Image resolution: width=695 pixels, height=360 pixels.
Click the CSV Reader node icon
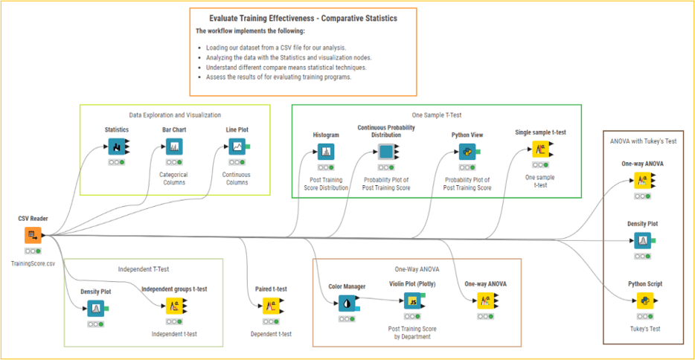click(33, 236)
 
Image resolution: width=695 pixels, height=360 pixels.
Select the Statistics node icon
click(116, 147)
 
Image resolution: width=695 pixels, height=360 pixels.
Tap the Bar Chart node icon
click(173, 147)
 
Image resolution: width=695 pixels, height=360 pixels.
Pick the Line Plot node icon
click(237, 147)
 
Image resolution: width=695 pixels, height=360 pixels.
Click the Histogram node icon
click(326, 152)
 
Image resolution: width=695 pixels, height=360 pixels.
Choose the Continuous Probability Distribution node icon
click(386, 152)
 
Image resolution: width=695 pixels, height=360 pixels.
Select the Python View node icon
click(467, 152)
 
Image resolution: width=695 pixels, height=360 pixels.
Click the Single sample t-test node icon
click(540, 149)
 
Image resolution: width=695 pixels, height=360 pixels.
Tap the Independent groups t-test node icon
click(173, 306)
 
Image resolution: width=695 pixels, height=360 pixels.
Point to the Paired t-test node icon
click(270, 306)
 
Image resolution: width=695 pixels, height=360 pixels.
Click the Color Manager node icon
click(346, 303)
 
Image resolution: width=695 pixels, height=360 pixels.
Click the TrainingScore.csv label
click(33, 264)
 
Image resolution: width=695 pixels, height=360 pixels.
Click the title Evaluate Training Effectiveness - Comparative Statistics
click(304, 17)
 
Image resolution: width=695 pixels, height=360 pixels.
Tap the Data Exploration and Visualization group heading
click(175, 115)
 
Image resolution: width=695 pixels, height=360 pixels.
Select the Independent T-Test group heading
click(144, 269)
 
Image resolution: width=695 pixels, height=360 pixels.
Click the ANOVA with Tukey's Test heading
click(643, 141)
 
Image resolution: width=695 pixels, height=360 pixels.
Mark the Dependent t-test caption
click(271, 334)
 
